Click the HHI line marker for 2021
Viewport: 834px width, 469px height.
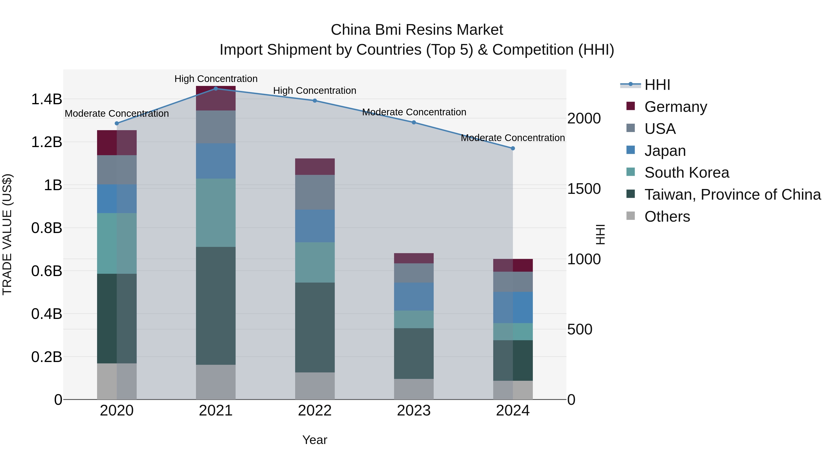pos(216,88)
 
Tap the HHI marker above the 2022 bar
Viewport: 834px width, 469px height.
pos(315,101)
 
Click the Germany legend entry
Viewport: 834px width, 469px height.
pos(675,107)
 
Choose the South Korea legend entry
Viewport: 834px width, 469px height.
pos(686,173)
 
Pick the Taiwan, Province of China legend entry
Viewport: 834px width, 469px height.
pos(732,195)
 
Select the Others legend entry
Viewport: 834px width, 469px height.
pos(667,217)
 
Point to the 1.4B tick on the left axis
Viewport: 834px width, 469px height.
pos(46,99)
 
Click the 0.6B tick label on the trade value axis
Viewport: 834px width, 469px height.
pos(46,271)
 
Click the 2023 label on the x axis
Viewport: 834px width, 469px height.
pos(414,410)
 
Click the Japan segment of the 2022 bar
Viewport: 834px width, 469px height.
pos(315,226)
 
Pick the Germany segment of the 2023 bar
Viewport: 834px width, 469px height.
pos(414,258)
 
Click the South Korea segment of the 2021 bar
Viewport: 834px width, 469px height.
pos(216,212)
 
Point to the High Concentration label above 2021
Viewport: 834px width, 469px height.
pos(216,79)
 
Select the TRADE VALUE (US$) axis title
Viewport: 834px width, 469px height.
pos(7,234)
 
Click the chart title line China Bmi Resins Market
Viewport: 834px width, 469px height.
pos(417,30)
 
